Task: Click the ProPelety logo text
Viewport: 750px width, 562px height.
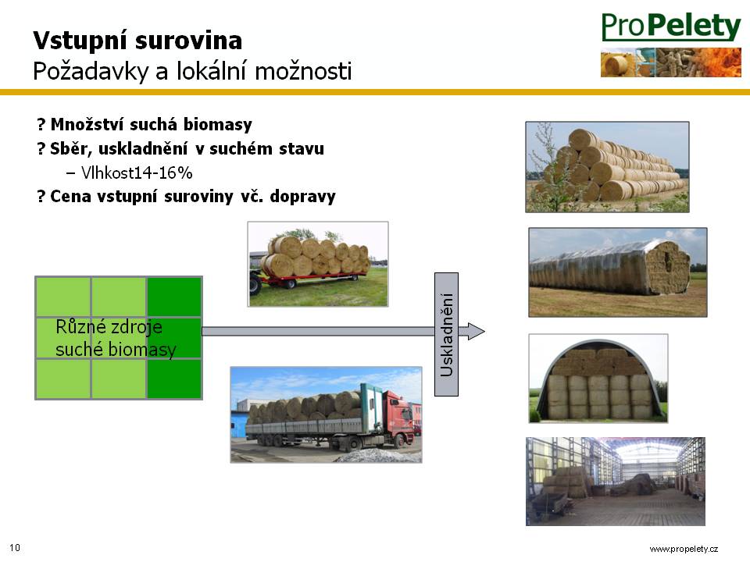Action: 670,27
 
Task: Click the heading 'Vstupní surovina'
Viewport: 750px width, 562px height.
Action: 137,41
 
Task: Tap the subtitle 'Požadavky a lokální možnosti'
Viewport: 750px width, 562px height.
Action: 192,72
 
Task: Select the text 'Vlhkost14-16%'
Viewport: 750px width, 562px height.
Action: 137,173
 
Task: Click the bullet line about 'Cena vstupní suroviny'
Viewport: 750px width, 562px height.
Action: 187,197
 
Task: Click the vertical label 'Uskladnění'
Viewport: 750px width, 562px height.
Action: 446,335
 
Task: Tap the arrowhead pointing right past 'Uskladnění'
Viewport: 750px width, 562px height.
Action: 476,331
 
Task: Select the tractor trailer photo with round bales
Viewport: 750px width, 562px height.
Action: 318,264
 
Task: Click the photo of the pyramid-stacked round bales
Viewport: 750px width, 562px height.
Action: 608,167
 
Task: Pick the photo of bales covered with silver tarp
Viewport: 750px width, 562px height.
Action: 617,272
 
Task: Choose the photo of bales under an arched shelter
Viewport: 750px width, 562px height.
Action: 598,378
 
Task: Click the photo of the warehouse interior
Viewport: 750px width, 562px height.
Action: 616,482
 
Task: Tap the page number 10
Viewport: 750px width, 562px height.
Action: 15,548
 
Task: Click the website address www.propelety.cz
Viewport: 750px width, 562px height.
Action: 684,549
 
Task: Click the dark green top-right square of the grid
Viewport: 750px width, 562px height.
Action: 174,297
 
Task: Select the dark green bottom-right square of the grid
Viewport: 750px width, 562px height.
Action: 174,379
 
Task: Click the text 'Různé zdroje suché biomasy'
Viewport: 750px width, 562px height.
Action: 116,338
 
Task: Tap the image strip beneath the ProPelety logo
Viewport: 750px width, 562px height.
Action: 670,62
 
